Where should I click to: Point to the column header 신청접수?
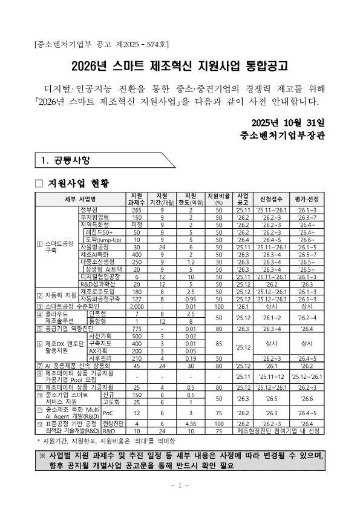[x=267, y=199]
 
